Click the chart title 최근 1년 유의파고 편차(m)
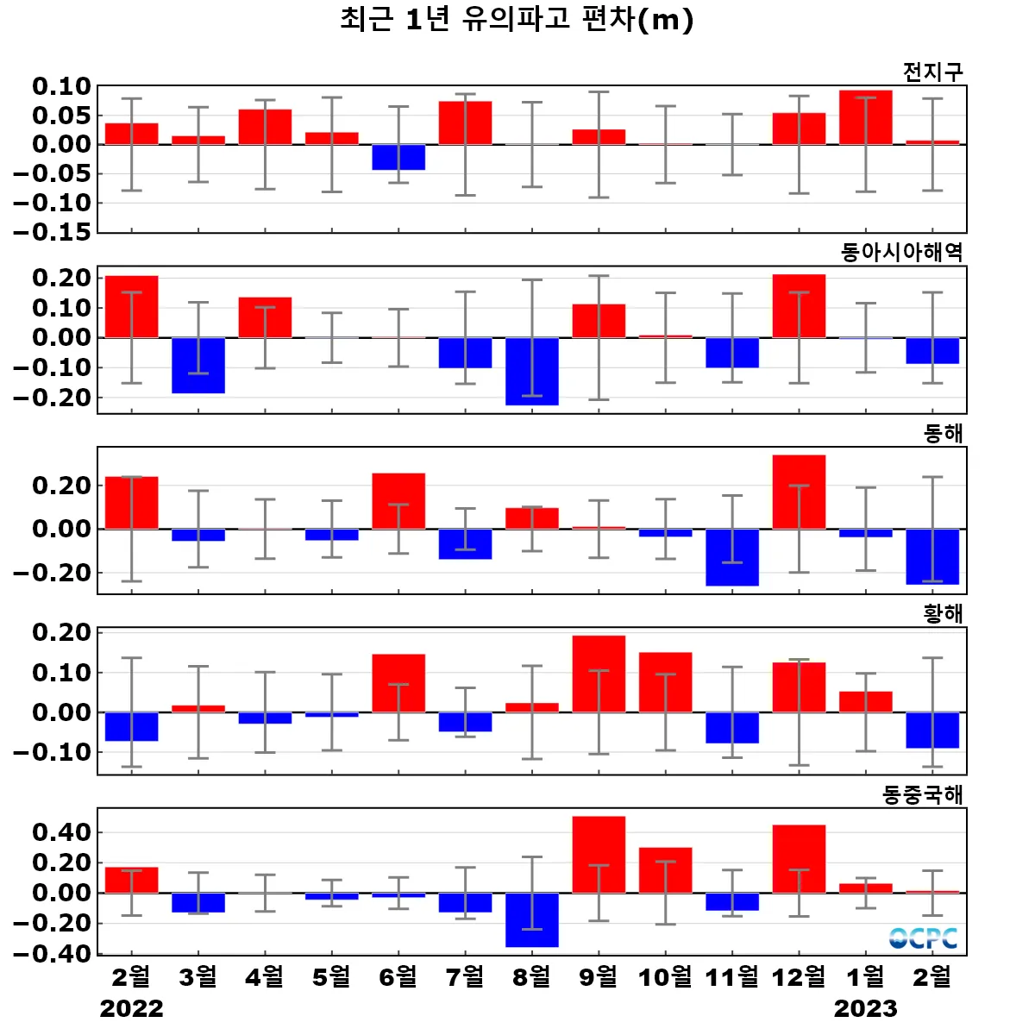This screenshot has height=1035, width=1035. pyautogui.click(x=517, y=19)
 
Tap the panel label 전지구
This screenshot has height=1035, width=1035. pyautogui.click(x=932, y=72)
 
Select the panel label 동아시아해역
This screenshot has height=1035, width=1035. pyautogui.click(x=901, y=252)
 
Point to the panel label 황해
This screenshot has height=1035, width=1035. pyautogui.click(x=943, y=613)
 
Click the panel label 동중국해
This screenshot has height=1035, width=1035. pyautogui.click(x=922, y=794)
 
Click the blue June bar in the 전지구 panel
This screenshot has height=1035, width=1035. pyautogui.click(x=398, y=157)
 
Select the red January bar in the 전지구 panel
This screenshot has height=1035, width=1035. pyautogui.click(x=866, y=117)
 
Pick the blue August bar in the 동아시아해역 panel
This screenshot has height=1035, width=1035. pyautogui.click(x=532, y=371)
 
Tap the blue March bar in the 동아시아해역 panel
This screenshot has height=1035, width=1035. pyautogui.click(x=198, y=365)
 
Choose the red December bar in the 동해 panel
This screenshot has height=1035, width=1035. pyautogui.click(x=799, y=492)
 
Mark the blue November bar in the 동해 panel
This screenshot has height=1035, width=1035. pyautogui.click(x=732, y=557)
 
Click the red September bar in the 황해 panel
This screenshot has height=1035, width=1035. pyautogui.click(x=599, y=674)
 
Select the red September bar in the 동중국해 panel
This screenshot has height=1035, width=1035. pyautogui.click(x=599, y=854)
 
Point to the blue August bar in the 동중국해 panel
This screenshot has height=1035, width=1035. pyautogui.click(x=532, y=919)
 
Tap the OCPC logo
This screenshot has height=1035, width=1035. pyautogui.click(x=924, y=938)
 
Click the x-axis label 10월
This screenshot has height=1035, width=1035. pyautogui.click(x=665, y=976)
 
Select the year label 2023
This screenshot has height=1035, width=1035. pyautogui.click(x=865, y=1008)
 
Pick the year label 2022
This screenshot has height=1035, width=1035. pyautogui.click(x=131, y=1008)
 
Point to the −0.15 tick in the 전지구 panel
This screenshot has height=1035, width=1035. pyautogui.click(x=52, y=232)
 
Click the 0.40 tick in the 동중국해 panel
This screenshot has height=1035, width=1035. pyautogui.click(x=62, y=832)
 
